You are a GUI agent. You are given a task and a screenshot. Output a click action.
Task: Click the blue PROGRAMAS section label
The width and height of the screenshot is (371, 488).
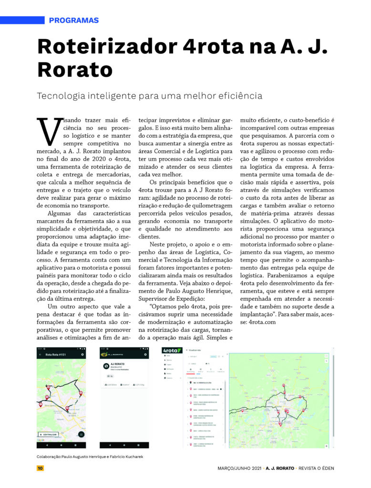tap(74, 20)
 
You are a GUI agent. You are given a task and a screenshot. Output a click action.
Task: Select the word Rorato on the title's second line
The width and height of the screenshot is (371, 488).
tap(75, 70)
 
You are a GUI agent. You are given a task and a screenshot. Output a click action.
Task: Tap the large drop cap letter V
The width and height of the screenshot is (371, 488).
tap(48, 131)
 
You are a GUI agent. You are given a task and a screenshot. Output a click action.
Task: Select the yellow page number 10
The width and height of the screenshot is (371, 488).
tap(40, 468)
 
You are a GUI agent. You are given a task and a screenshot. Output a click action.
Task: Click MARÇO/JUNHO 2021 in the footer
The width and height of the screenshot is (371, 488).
tap(237, 468)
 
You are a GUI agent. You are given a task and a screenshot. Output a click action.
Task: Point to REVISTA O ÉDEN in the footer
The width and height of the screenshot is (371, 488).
tap(314, 468)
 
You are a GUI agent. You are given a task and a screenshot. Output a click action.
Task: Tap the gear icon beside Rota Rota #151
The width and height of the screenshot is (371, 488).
tap(82, 355)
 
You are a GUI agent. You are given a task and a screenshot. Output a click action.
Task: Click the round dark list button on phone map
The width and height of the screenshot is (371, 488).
tap(82, 434)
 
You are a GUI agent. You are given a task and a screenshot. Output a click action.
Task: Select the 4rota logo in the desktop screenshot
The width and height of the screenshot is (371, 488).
tap(172, 350)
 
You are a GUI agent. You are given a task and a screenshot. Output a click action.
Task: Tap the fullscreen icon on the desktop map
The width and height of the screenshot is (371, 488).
tap(326, 356)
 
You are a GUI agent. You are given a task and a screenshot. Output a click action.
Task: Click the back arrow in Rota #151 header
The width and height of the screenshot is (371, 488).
tap(40, 355)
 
